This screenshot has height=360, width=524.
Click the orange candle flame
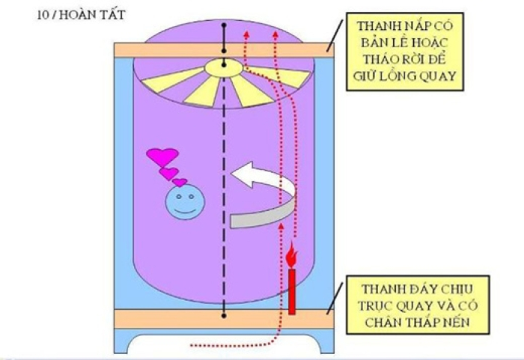(x=293, y=257)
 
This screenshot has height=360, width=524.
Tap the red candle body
(x=293, y=290)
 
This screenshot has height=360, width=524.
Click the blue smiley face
(x=181, y=203)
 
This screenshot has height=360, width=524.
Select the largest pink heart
(x=162, y=156)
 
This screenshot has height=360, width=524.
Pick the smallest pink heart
(x=180, y=182)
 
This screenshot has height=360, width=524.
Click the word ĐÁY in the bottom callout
(x=417, y=288)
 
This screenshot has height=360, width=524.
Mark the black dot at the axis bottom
(x=225, y=314)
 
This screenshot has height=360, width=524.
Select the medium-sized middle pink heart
(x=169, y=173)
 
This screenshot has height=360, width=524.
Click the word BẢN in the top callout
(x=374, y=41)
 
